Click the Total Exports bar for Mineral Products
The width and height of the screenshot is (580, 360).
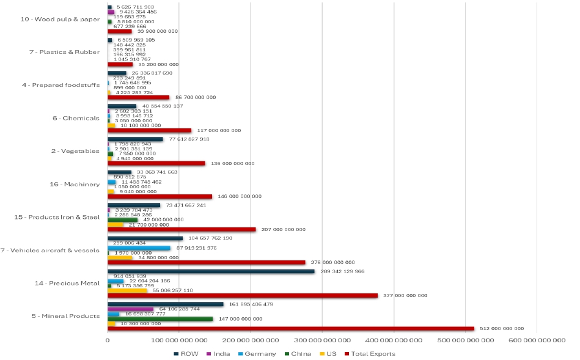click(x=290, y=329)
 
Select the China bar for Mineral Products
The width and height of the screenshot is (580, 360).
click(x=160, y=318)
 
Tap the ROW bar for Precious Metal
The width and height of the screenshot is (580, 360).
click(x=211, y=271)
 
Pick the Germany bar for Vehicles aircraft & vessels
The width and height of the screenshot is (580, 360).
click(x=139, y=248)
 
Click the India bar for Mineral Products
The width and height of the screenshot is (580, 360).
click(x=130, y=309)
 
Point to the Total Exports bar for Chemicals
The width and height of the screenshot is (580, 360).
click(x=149, y=130)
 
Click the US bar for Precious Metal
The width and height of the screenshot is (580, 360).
click(x=127, y=290)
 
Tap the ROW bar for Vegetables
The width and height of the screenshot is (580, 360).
click(x=135, y=139)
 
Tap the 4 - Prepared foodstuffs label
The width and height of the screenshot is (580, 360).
click(x=61, y=85)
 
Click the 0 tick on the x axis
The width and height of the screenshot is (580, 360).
click(x=108, y=340)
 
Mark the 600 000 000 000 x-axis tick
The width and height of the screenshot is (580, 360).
click(x=537, y=340)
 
